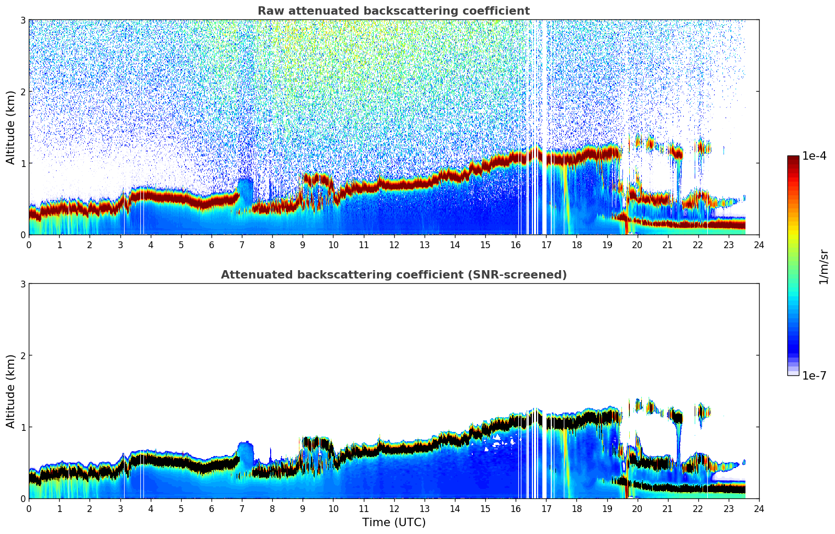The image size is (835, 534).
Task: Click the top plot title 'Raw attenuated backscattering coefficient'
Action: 393,11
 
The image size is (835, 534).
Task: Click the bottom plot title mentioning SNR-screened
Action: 393,275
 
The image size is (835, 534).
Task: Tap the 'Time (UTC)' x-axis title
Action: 394,522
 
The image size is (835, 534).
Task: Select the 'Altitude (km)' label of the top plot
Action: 10,127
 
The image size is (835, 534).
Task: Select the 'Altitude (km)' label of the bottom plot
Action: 10,391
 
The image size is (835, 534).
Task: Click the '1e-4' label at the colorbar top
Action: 814,156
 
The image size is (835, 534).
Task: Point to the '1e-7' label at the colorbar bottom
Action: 814,375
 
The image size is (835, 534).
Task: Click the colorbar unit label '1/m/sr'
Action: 823,266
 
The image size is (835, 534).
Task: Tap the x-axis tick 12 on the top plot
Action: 394,245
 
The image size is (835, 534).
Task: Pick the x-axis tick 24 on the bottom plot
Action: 759,509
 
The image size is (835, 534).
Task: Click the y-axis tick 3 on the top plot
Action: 23,20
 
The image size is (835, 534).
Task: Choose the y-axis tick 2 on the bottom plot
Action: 23,355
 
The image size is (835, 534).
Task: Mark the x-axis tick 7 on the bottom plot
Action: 242,509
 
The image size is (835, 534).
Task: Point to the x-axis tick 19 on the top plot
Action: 607,245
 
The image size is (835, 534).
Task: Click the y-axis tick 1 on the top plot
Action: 23,163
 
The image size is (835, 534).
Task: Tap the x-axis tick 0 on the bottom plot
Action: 29,509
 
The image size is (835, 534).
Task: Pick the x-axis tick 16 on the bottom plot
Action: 516,509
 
